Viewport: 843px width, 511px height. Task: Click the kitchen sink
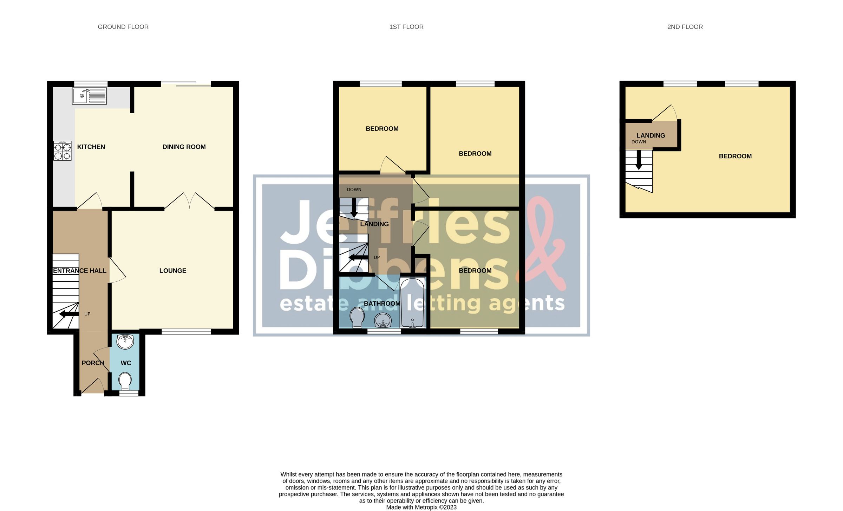(89, 96)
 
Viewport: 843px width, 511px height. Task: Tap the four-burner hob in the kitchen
(63, 151)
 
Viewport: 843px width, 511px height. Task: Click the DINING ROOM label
(184, 147)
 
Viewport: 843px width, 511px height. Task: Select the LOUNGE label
(172, 271)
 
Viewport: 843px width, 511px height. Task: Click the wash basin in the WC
(125, 341)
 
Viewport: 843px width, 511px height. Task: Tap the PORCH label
(93, 363)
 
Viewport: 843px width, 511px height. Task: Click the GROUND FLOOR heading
(123, 27)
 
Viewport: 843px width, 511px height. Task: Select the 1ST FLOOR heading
(406, 27)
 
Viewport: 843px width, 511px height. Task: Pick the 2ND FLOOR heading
(685, 27)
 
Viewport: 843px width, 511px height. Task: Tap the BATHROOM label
(382, 304)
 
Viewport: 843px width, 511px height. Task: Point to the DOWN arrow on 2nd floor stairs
(639, 160)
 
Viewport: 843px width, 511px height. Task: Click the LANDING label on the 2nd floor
(651, 135)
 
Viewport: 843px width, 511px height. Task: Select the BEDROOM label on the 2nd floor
(735, 156)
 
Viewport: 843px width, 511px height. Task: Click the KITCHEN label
(91, 147)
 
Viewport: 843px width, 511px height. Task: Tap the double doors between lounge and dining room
(189, 201)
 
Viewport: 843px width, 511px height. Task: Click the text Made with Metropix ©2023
(421, 507)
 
